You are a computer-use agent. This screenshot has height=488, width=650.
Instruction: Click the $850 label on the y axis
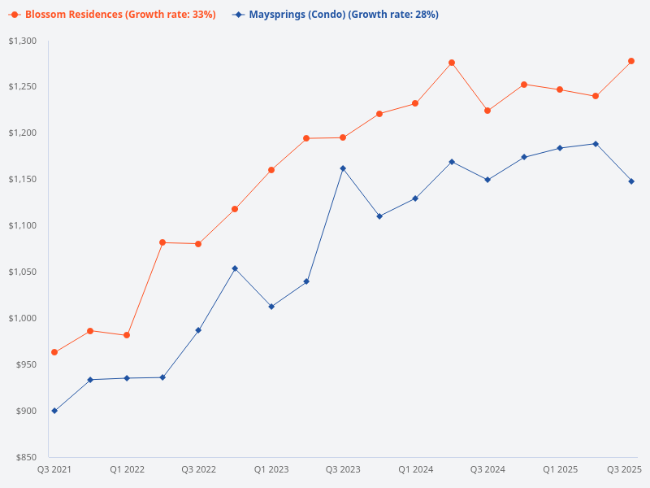(27, 457)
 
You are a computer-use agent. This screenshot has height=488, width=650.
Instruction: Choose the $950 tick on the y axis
(27, 364)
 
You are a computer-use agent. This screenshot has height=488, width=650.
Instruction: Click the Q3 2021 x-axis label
(54, 469)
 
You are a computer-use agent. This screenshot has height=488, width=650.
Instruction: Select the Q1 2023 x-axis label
(271, 469)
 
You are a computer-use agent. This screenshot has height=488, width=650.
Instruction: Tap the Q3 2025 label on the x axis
(625, 469)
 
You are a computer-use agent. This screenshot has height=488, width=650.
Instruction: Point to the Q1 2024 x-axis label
(415, 469)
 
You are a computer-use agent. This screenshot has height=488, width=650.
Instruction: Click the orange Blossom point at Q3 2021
(54, 352)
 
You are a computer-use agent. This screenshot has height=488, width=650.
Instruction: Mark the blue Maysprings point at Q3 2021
(54, 411)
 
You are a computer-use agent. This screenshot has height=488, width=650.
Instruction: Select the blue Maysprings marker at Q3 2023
(343, 168)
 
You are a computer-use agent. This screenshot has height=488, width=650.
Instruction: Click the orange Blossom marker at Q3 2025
(631, 61)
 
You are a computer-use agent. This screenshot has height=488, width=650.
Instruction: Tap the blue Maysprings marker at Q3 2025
(631, 181)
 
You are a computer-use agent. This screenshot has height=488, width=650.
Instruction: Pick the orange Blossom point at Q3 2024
(487, 111)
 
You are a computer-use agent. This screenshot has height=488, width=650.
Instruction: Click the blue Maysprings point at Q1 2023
(271, 307)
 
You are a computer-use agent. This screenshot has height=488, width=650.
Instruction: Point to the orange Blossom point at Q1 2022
(127, 335)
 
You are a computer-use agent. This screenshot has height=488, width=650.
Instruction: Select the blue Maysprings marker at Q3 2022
(198, 330)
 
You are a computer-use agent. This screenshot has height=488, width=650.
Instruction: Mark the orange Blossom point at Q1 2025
(560, 89)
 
